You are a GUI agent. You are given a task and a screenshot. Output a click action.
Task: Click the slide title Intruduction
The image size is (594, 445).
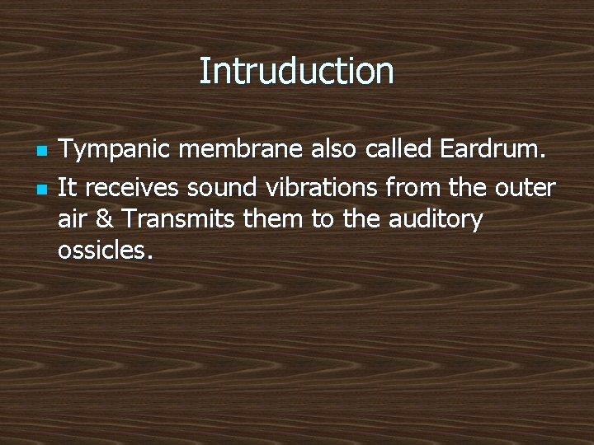296,71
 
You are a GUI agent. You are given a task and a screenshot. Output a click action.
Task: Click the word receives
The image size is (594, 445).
132,188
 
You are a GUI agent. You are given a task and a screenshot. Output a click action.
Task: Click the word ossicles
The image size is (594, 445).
104,249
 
